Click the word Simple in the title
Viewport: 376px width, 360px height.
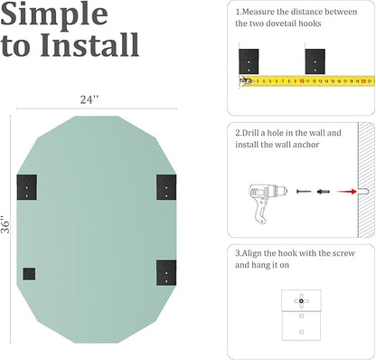coord(54,14)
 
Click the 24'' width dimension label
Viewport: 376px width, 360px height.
coord(89,99)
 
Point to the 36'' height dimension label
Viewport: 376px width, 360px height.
coord(5,224)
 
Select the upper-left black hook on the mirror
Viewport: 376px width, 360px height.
coord(27,187)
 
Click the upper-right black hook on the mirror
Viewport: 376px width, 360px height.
coord(166,187)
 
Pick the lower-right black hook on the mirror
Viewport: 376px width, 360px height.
coord(166,272)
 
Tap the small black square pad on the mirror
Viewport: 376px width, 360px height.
coord(29,274)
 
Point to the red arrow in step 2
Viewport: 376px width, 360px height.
coord(346,192)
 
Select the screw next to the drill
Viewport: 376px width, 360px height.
coord(304,192)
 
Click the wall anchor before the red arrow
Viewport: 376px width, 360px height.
coord(324,192)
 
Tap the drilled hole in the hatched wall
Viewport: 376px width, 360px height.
coord(363,191)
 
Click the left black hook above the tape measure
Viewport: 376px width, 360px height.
coord(249,62)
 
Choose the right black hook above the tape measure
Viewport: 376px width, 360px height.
coord(315,62)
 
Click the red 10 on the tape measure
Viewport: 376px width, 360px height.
coord(302,81)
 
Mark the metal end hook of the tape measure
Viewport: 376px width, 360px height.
coord(245,81)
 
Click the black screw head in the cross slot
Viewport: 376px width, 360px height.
coord(301,301)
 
